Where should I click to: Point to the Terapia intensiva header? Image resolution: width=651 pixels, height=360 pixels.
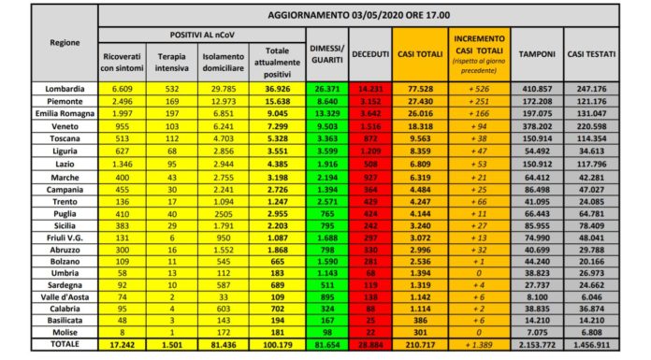coord(172,61)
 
